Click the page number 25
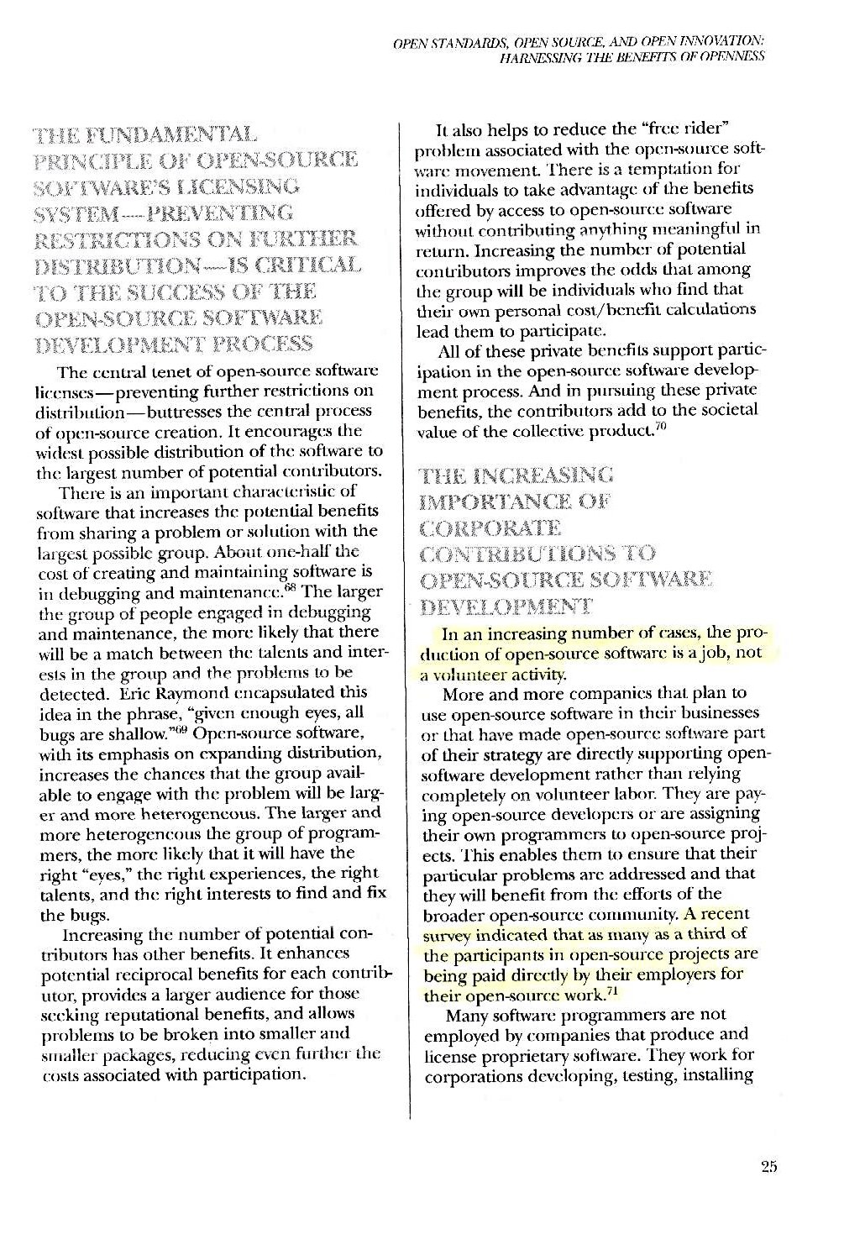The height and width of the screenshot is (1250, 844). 769,1166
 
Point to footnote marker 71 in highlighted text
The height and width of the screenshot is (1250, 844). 612,992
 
